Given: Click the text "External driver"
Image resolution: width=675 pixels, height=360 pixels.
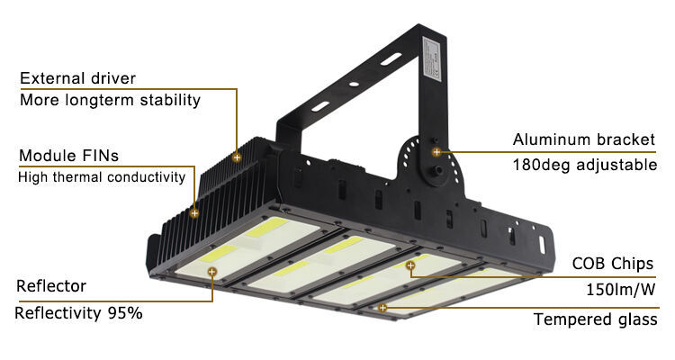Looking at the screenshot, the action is (77, 78).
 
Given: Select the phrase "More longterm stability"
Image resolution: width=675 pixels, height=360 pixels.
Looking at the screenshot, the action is (110, 100).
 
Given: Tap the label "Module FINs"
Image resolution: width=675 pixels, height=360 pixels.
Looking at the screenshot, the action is (69, 156).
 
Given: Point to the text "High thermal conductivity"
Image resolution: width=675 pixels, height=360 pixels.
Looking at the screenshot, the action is (102, 177).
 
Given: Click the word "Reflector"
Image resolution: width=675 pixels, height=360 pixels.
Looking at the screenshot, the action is (51, 286).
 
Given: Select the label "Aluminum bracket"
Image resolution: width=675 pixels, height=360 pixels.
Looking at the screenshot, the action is (584, 139).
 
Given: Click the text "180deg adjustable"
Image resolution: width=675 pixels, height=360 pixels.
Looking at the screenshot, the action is (585, 165).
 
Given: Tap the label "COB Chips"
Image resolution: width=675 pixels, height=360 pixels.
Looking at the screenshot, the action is (613, 264).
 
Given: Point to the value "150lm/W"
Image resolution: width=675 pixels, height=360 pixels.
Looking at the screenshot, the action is (621, 290).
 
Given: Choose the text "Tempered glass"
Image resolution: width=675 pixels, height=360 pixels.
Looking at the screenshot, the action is (596, 319).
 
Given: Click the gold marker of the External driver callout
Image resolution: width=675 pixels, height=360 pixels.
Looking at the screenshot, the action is (237, 157).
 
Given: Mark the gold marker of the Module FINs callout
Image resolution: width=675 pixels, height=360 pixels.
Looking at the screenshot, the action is (194, 212).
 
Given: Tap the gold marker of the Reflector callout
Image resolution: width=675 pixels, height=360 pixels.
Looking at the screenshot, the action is (211, 272).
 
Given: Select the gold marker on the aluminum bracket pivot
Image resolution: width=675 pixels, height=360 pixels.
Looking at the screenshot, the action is (436, 152).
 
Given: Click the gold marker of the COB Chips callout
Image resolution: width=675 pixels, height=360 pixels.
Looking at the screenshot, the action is (410, 265).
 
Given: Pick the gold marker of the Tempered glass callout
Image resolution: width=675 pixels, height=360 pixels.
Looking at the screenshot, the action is (382, 308).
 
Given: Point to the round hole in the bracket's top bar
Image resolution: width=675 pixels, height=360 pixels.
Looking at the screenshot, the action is (354, 84).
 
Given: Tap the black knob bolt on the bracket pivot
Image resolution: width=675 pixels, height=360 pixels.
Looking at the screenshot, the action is (436, 171).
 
